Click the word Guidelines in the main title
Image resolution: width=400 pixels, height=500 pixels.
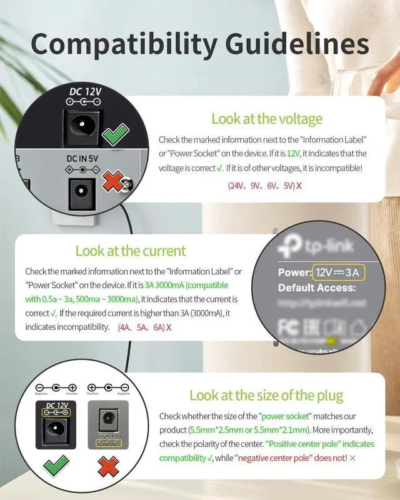(293, 44)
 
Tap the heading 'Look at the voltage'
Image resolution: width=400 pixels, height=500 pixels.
(267, 119)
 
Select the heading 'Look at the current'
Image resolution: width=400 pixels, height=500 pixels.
(131, 251)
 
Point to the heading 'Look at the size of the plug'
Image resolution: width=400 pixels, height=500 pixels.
(266, 395)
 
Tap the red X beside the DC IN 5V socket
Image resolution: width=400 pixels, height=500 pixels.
(113, 182)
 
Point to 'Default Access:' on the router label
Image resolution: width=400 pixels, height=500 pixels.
(317, 288)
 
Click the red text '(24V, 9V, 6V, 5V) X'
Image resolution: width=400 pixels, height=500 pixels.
(264, 186)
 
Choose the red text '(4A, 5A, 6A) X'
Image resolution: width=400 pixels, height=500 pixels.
(144, 327)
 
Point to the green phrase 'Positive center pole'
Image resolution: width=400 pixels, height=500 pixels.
(320, 444)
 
